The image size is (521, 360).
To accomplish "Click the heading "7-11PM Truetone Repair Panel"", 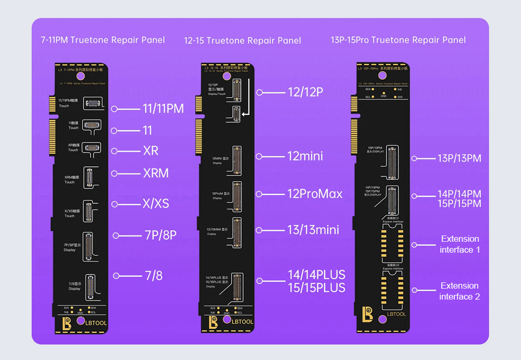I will coord(103,40).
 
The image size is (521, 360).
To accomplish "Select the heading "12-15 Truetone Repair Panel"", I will coord(242,41).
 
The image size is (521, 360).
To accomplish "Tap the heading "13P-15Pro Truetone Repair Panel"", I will coord(398,40).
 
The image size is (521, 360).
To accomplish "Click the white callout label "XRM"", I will coord(156,173).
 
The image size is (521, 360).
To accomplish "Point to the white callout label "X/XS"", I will coord(156,203).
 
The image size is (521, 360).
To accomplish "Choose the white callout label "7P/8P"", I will coord(160,235).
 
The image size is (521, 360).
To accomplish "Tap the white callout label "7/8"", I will coord(154,276).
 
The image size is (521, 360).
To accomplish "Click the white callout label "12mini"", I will coord(305,156).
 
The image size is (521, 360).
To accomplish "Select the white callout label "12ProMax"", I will coord(315,194).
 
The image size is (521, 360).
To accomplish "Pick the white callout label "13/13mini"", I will coord(313,230).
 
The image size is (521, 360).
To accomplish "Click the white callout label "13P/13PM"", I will coord(459,158).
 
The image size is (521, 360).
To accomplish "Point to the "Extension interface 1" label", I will coord(460,244).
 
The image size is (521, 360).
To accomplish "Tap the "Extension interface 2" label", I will coord(460,291).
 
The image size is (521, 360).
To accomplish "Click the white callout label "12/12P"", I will coord(305,92).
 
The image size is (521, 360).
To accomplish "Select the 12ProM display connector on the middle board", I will coord(237,195).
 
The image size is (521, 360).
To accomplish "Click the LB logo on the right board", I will coord(368,314).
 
